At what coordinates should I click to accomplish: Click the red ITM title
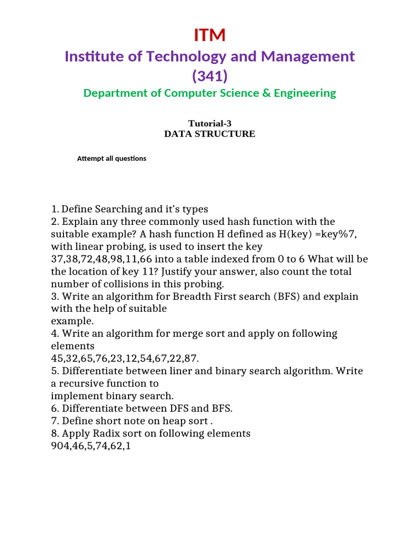pyautogui.click(x=209, y=35)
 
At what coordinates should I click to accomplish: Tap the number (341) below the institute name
pyautogui.click(x=209, y=76)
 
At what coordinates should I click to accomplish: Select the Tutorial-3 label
pyautogui.click(x=209, y=124)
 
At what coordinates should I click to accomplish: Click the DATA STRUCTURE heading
pyautogui.click(x=209, y=134)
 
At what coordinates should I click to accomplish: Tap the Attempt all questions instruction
pyautogui.click(x=112, y=159)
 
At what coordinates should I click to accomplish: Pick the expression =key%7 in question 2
pyautogui.click(x=334, y=234)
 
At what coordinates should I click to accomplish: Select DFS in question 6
pyautogui.click(x=173, y=409)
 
